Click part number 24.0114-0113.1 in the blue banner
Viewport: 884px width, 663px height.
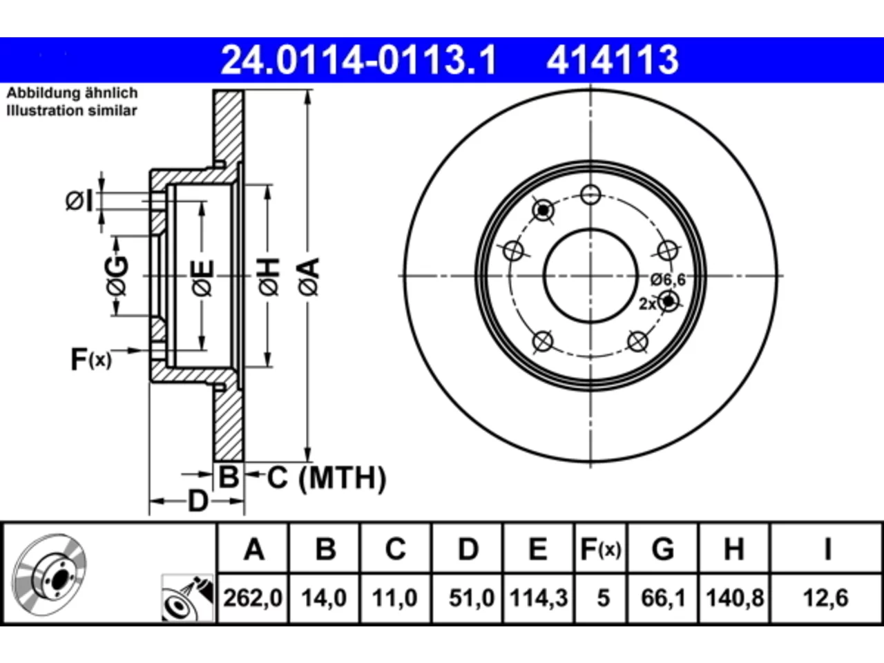358,60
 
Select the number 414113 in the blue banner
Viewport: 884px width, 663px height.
613,60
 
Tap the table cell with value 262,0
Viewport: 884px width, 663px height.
253,598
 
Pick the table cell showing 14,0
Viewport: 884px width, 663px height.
324,598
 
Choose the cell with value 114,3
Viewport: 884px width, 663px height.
539,598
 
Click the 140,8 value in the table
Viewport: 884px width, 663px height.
735,598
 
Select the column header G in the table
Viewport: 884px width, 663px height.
663,548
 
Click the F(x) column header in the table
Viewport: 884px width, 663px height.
601,548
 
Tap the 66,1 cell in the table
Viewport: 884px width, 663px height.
663,598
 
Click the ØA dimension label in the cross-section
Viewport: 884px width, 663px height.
309,277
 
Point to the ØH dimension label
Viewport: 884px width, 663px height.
269,277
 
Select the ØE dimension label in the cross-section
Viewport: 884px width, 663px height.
202,278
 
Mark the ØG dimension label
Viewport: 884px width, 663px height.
117,276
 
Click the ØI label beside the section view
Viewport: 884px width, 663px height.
79,201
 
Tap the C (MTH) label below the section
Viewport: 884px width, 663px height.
326,478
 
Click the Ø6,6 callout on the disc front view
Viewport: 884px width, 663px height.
668,280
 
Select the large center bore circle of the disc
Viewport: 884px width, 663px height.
590,229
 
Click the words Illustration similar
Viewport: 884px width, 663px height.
72,110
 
